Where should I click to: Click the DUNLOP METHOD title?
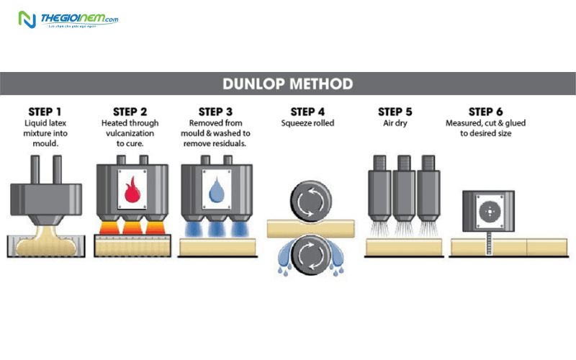tap(288, 84)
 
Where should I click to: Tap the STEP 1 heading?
tap(45, 112)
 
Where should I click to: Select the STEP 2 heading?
tap(130, 112)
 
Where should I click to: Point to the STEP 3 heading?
tap(215, 112)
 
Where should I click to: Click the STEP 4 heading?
tap(307, 112)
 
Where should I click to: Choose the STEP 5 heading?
tap(395, 112)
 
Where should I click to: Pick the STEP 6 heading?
tap(486, 112)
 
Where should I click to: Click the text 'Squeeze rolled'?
tap(307, 123)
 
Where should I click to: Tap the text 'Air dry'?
tap(395, 123)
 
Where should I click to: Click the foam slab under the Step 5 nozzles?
tap(403, 247)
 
